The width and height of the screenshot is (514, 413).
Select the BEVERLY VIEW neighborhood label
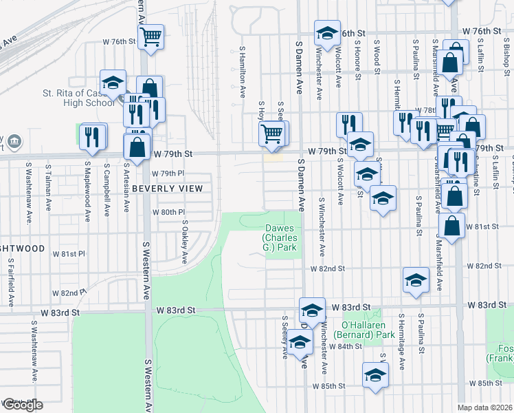pos(168,188)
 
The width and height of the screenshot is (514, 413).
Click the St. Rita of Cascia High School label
pos(78,98)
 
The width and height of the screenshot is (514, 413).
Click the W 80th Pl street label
pos(169,212)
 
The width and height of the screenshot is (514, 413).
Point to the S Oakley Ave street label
pos(185,242)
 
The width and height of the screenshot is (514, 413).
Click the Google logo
pos(23,405)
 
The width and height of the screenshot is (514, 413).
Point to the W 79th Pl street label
pos(164,173)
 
